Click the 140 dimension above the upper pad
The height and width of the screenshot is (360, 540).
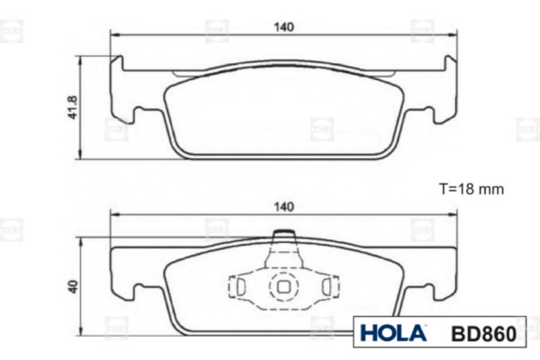pos(283,27)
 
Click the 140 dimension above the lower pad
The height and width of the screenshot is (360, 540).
pos(283,207)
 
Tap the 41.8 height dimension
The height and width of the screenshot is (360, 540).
pos(73,107)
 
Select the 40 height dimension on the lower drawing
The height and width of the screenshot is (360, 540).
pos(73,286)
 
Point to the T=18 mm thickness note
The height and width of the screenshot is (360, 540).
pos(471,189)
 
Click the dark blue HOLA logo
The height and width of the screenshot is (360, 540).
pos(393,333)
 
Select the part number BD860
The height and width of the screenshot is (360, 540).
pos(483,334)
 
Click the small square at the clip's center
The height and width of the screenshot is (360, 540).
pos(283,286)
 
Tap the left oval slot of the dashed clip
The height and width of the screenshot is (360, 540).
pos(240,286)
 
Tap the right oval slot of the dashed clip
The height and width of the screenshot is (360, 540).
pos(326,286)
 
